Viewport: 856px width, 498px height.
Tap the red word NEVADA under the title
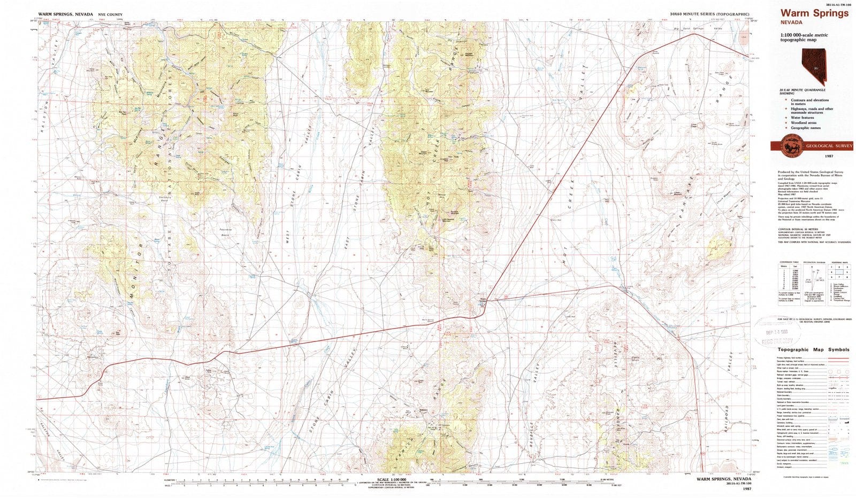[x=791, y=22]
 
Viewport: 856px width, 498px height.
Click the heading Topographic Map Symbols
[x=813, y=349]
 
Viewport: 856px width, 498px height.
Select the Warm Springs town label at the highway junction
[x=483, y=300]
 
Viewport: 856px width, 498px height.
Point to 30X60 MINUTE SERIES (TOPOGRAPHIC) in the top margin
[x=709, y=14]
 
